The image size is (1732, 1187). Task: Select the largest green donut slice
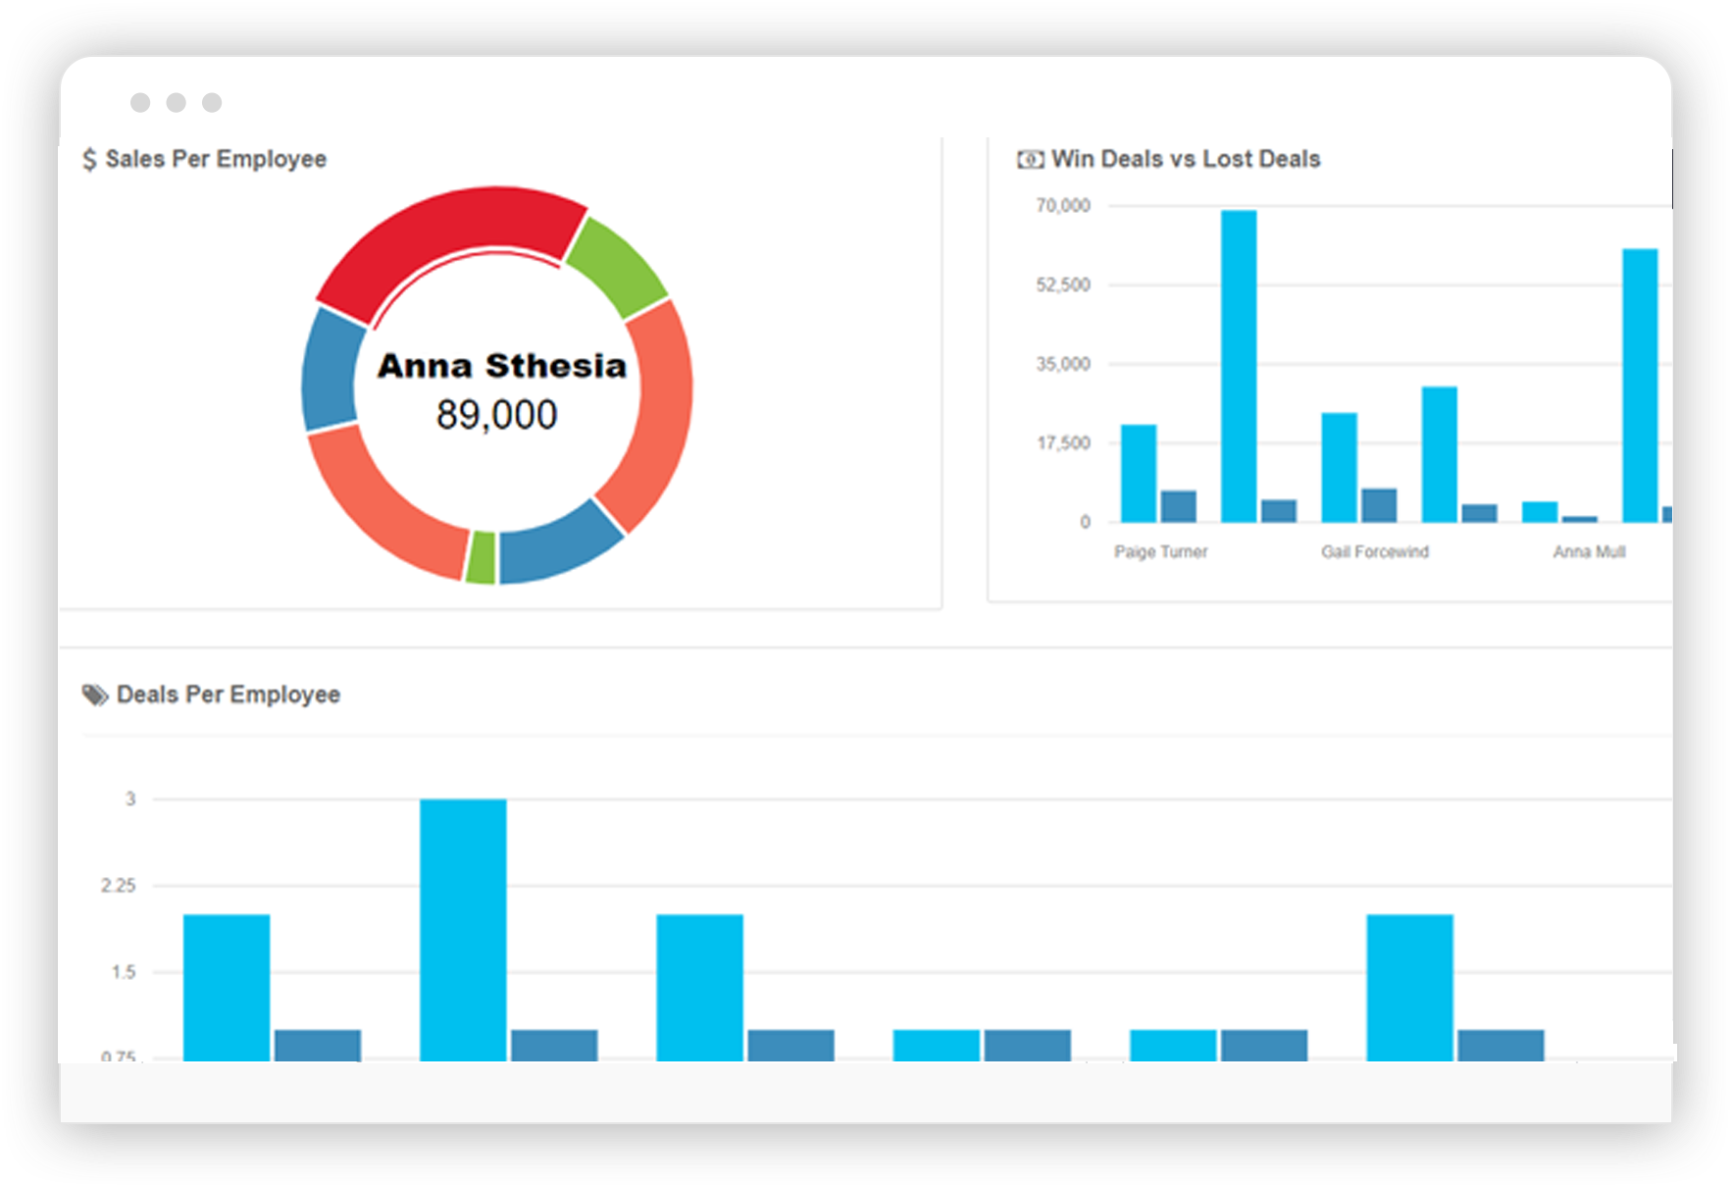coord(617,263)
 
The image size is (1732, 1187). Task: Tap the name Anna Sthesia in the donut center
coord(501,366)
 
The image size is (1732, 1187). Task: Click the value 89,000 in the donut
coord(496,415)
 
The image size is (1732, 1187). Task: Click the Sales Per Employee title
coord(216,159)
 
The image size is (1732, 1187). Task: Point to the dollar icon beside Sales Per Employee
coord(89,160)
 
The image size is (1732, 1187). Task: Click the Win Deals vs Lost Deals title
coord(1185,159)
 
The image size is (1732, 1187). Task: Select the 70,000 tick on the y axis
coord(1062,206)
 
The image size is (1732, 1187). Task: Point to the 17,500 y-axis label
coord(1063,443)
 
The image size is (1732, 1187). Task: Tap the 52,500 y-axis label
coord(1062,285)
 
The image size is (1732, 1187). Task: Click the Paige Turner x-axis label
coord(1160,552)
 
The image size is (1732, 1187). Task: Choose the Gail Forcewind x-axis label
coord(1374,552)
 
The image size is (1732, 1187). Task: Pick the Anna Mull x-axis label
coord(1589,552)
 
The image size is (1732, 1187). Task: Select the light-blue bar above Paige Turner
coord(1139,473)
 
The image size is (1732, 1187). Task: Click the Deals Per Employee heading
coord(228,695)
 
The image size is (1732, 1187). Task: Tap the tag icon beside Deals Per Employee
coord(94,696)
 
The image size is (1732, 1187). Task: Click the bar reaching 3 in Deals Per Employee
coord(463,927)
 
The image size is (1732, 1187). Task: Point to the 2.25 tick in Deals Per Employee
coord(119,886)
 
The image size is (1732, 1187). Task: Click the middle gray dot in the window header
coord(177,103)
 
